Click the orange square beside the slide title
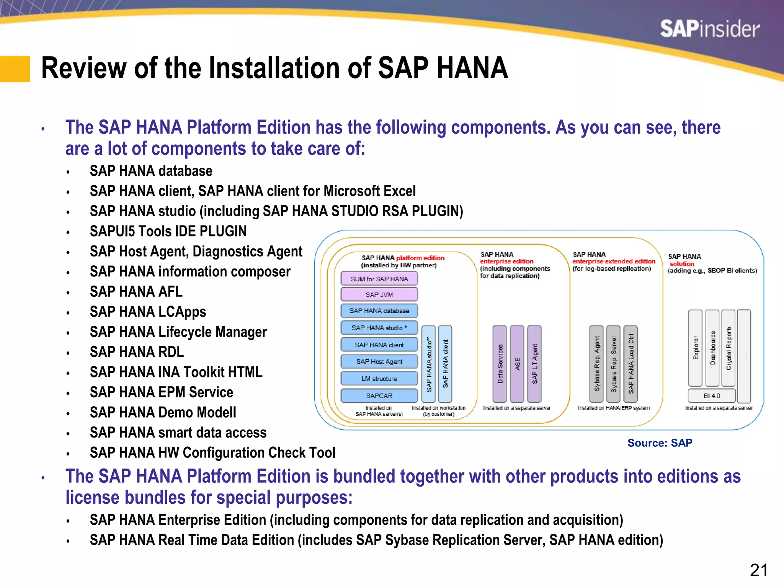click(15, 69)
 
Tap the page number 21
click(758, 570)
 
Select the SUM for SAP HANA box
click(379, 279)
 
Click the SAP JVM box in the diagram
click(379, 294)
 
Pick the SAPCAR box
click(379, 395)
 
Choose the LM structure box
click(379, 379)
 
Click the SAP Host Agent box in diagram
click(379, 361)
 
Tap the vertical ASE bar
click(517, 364)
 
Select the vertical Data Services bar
click(500, 364)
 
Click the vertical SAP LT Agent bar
click(534, 364)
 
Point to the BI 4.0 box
click(712, 395)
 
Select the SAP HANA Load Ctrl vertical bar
click(630, 364)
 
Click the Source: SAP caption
click(660, 443)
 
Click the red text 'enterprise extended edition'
click(614, 261)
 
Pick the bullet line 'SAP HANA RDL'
click(137, 352)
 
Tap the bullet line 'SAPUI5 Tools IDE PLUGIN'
click(168, 231)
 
